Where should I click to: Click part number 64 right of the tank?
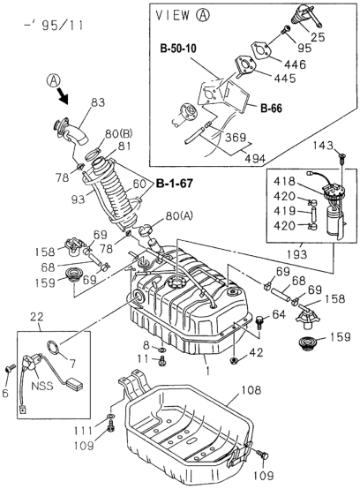tap(279, 312)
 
